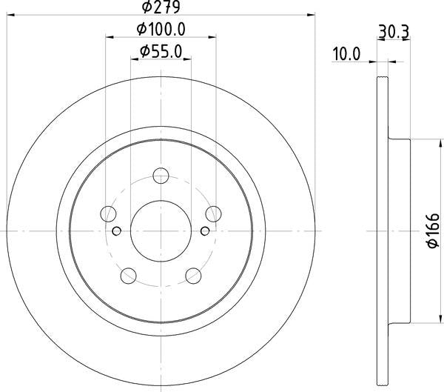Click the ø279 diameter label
click(161, 7)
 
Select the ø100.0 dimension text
click(161, 29)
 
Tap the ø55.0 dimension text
click(161, 52)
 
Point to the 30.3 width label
click(394, 32)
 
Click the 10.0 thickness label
click(346, 54)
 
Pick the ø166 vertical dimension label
click(433, 231)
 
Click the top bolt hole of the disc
click(161, 176)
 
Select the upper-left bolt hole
click(108, 214)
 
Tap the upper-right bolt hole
click(214, 214)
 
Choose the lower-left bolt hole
click(128, 276)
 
